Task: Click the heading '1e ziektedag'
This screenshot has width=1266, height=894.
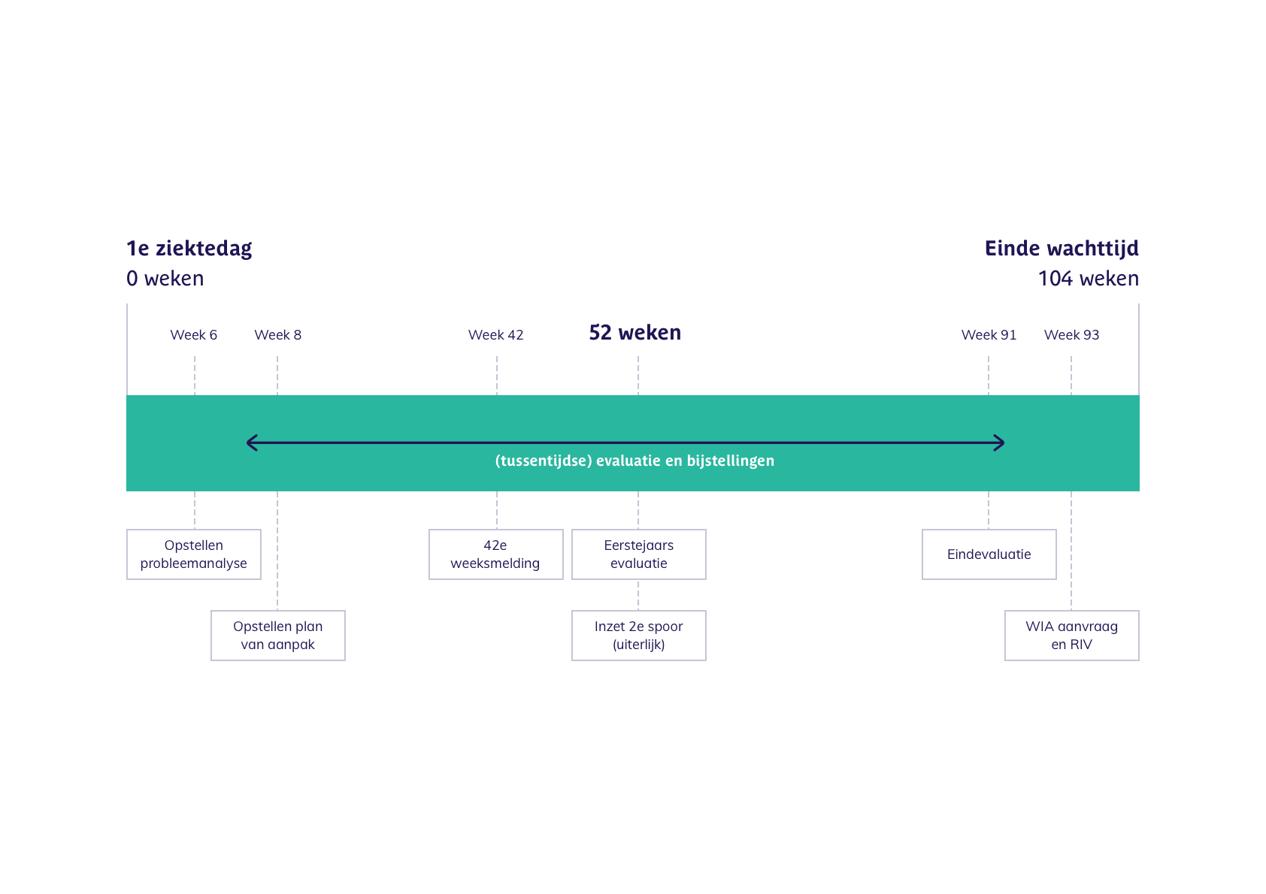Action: (189, 249)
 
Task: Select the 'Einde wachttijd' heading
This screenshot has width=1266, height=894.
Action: (1062, 249)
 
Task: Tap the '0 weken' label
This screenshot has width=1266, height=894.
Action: (165, 279)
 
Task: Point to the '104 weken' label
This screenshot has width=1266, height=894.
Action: (1088, 279)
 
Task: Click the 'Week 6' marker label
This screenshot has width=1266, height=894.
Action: (193, 335)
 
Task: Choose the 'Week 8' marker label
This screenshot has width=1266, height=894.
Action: (277, 335)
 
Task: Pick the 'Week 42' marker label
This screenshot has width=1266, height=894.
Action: (495, 335)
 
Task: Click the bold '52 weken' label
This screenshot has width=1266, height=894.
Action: (635, 333)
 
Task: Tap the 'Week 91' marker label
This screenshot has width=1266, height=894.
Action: (989, 335)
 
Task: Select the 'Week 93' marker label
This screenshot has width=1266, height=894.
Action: (1071, 335)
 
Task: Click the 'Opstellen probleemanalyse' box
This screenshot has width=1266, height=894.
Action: (194, 554)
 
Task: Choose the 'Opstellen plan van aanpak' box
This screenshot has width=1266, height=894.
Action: (278, 636)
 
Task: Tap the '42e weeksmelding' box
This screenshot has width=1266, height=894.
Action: (495, 554)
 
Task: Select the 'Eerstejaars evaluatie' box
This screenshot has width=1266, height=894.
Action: (639, 554)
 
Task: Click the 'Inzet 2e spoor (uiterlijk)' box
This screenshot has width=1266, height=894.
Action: (639, 636)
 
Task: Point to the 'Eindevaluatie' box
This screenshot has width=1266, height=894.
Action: (989, 554)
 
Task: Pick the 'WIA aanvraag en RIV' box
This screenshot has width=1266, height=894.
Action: (1071, 636)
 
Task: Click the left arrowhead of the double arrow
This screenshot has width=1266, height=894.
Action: (247, 442)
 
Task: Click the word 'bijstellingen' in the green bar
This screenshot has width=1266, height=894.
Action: (730, 461)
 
